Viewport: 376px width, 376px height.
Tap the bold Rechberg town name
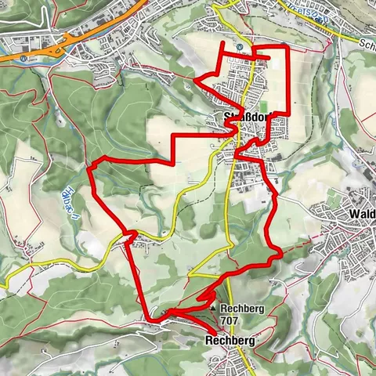coord(230,341)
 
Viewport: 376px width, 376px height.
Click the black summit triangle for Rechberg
coord(214,309)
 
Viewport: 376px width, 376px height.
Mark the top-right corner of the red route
coord(288,48)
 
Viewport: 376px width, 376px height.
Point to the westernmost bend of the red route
coord(91,168)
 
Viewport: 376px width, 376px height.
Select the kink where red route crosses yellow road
coord(130,235)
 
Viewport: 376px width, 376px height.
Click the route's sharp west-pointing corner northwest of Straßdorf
coord(194,78)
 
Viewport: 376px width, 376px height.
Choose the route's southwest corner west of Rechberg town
coord(148,319)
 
